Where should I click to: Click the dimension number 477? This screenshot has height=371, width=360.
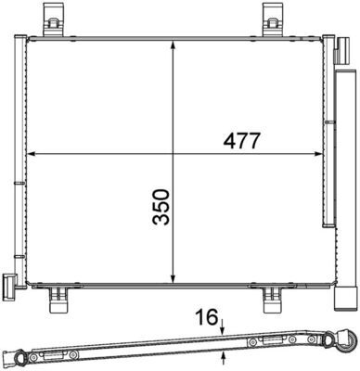pos(239,140)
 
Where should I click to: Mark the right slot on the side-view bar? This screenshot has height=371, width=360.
pos(275,343)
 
